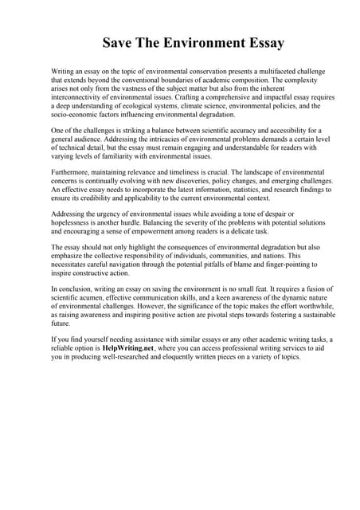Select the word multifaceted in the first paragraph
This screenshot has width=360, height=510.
tap(265, 73)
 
